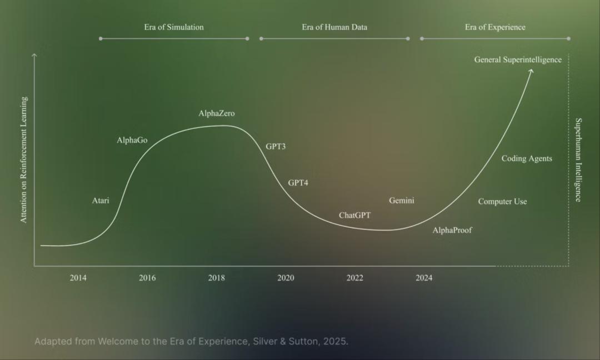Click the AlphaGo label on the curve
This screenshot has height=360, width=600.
[132, 141]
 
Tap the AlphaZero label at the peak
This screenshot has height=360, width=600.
[217, 113]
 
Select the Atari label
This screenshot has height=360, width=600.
[101, 201]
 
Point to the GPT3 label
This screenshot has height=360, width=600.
[276, 147]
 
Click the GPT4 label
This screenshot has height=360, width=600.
[298, 183]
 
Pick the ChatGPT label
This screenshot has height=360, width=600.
[354, 215]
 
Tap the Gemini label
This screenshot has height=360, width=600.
[401, 201]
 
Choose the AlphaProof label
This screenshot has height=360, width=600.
[452, 230]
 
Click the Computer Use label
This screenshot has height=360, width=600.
[502, 202]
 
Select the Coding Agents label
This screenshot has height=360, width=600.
[527, 158]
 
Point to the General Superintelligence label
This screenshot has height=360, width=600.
[518, 60]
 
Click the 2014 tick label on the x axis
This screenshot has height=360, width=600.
[78, 278]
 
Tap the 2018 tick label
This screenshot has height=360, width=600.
[217, 278]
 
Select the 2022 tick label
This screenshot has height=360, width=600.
[354, 278]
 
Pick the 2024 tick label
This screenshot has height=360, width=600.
[424, 278]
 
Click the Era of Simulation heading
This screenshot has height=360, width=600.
[174, 27]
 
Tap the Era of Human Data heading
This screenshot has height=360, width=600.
[334, 27]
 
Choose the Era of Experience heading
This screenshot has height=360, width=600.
[495, 27]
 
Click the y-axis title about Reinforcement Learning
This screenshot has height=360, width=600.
[24, 160]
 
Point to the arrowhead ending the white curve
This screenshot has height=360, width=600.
[531, 71]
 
